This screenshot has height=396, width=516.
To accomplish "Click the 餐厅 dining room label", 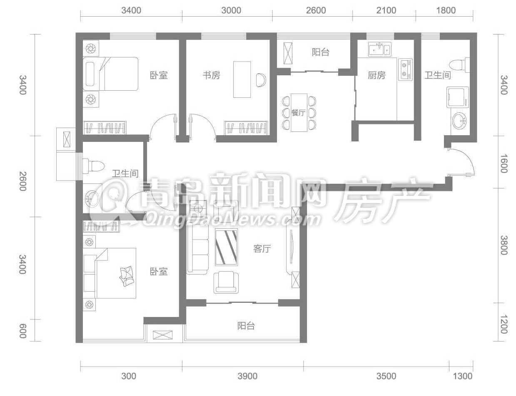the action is pyautogui.click(x=298, y=113).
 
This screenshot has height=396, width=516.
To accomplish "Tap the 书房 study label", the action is pyautogui.click(x=211, y=75).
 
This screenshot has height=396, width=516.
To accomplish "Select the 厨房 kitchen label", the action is pyautogui.click(x=376, y=75).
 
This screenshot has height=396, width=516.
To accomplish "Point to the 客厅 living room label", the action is pyautogui.click(x=262, y=249).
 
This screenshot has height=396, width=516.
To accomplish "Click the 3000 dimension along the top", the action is pyautogui.click(x=231, y=10).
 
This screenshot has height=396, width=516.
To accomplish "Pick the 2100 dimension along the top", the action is pyautogui.click(x=386, y=10).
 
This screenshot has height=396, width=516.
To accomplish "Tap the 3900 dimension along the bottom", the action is pyautogui.click(x=247, y=376).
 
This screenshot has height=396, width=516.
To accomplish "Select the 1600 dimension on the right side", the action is pyautogui.click(x=504, y=163).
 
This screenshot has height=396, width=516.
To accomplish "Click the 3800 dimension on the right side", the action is pyautogui.click(x=504, y=245).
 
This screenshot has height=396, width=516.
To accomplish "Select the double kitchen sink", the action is pyautogui.click(x=380, y=49).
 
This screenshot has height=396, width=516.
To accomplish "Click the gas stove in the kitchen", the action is pyautogui.click(x=405, y=69).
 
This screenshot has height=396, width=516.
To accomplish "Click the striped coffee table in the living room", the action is pyautogui.click(x=226, y=247).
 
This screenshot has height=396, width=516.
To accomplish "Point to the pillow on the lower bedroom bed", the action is pyautogui.click(x=127, y=276).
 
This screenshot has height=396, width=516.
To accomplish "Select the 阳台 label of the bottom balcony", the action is pyautogui.click(x=246, y=326).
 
